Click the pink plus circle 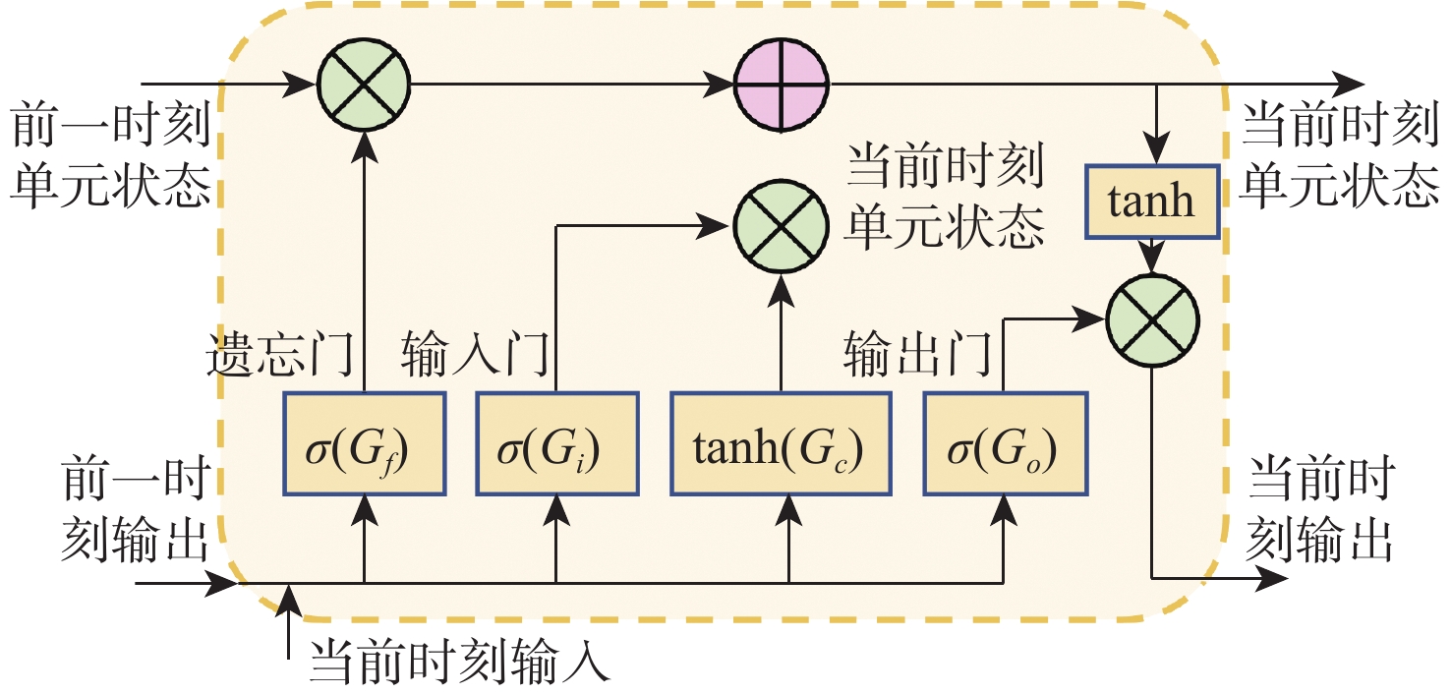click(x=783, y=84)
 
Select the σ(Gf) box click(x=365, y=443)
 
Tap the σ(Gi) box click(x=556, y=443)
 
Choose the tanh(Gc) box click(x=782, y=443)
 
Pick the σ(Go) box click(x=1006, y=443)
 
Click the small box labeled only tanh click(x=1153, y=201)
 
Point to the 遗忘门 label click(x=279, y=356)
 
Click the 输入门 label click(x=474, y=356)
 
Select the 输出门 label click(x=916, y=356)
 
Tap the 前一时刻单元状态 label click(x=110, y=156)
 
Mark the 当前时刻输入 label click(x=460, y=664)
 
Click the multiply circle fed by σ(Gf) click(x=365, y=84)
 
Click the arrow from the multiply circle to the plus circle click(x=570, y=85)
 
